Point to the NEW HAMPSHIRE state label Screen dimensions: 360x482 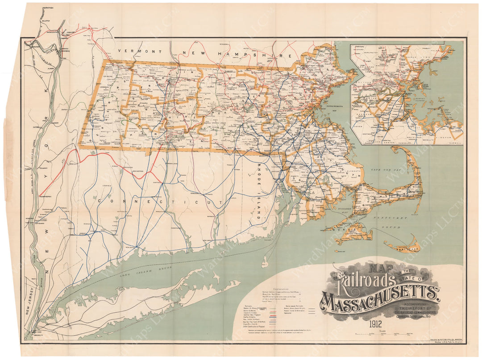253,54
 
